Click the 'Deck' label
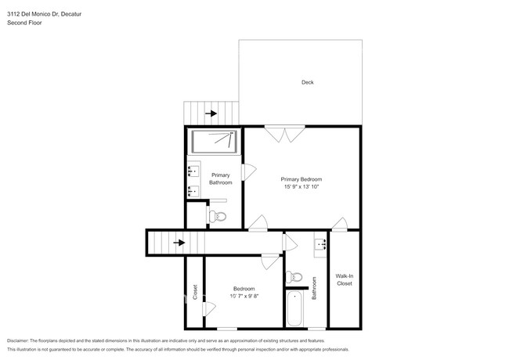[307, 82]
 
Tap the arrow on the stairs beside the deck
[211, 113]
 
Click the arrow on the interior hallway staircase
[179, 243]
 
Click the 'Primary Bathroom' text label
[220, 178]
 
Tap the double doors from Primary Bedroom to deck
[283, 135]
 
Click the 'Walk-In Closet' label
[345, 279]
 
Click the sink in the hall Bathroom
[320, 244]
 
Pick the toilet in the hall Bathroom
[294, 276]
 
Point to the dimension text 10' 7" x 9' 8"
[244, 296]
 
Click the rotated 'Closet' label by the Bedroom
[195, 293]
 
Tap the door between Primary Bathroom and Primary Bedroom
[250, 171]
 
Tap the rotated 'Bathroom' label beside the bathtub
[315, 289]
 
